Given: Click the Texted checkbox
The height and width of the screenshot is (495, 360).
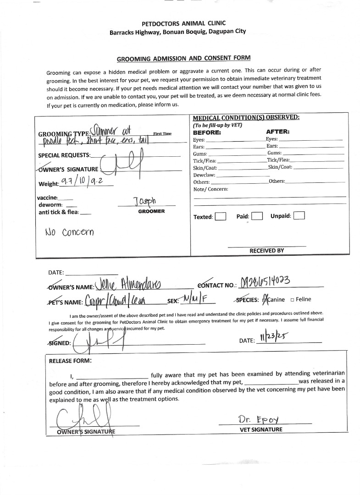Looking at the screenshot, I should point(221,216).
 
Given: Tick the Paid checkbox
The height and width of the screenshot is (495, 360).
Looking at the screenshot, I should point(257,216).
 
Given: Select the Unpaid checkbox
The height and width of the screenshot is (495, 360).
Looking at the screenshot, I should point(299,215).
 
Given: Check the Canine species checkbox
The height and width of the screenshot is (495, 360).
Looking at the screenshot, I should point(264,300).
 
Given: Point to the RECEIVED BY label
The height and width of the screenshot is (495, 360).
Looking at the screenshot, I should point(266,251).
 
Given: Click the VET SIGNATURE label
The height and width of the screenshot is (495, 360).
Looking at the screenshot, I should point(261,430).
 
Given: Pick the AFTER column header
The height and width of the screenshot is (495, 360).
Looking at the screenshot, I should point(278,132).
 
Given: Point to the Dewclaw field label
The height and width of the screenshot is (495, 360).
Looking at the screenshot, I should point(204,175).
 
